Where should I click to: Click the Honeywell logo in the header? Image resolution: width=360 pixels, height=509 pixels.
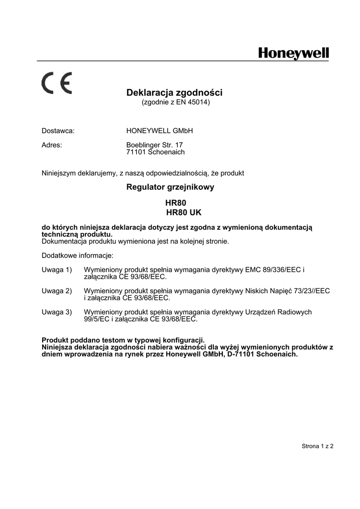(x=293, y=54)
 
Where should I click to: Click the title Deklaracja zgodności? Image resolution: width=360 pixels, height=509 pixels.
(x=175, y=92)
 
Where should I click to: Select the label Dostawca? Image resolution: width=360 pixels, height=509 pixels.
(x=58, y=131)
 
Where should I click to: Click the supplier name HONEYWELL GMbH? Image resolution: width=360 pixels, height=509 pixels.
(x=160, y=131)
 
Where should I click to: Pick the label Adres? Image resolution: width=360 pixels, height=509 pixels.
(x=52, y=145)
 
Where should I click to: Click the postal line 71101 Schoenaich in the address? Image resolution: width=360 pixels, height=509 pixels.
(x=156, y=152)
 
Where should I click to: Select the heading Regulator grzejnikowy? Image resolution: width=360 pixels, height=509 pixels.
(x=171, y=188)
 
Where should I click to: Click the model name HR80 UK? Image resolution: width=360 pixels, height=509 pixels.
(x=183, y=212)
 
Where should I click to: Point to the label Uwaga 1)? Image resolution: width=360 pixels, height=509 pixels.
(x=57, y=270)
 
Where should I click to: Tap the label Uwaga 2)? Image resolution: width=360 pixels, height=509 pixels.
(x=57, y=291)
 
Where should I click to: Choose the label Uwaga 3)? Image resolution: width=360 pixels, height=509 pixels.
(x=57, y=312)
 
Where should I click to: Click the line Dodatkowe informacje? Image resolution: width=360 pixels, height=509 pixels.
(x=77, y=255)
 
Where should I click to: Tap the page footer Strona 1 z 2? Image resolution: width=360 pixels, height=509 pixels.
(x=317, y=446)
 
